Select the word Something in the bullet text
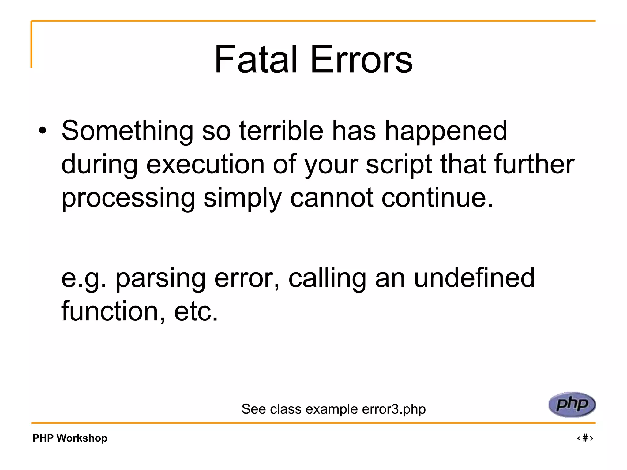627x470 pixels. coord(127,131)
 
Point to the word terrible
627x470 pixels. coord(281,131)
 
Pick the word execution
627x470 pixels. coord(205,165)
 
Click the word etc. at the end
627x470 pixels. coord(196,311)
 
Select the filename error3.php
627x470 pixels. coord(393,409)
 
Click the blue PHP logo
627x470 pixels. coord(572,405)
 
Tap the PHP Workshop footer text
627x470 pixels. coord(70,438)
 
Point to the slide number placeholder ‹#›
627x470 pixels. coord(585,438)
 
